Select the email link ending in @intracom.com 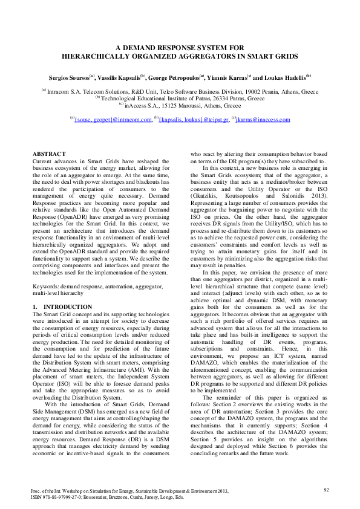(113, 120)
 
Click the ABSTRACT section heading (48, 155)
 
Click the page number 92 (326, 489)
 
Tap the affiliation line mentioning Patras (180, 97)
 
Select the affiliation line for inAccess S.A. (180, 103)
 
